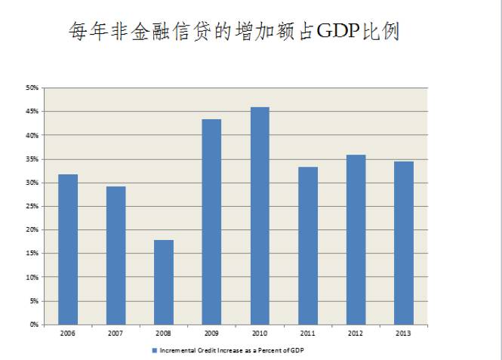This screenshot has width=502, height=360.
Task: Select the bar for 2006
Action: click(68, 249)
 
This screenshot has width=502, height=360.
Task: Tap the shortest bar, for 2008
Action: click(164, 282)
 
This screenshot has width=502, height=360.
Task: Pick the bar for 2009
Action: click(211, 222)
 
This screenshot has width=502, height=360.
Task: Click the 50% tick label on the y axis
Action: click(32, 88)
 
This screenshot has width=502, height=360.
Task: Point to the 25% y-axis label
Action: click(32, 206)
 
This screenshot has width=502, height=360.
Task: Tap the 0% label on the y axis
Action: click(34, 325)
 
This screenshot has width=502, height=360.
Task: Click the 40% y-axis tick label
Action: click(32, 135)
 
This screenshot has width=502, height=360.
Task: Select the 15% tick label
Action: click(32, 254)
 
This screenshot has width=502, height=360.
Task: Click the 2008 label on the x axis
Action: click(164, 333)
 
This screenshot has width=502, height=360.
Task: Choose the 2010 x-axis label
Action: click(260, 333)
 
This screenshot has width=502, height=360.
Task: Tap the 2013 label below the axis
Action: click(404, 333)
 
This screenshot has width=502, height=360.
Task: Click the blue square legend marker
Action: click(154, 351)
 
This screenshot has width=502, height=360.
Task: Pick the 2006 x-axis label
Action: click(68, 333)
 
